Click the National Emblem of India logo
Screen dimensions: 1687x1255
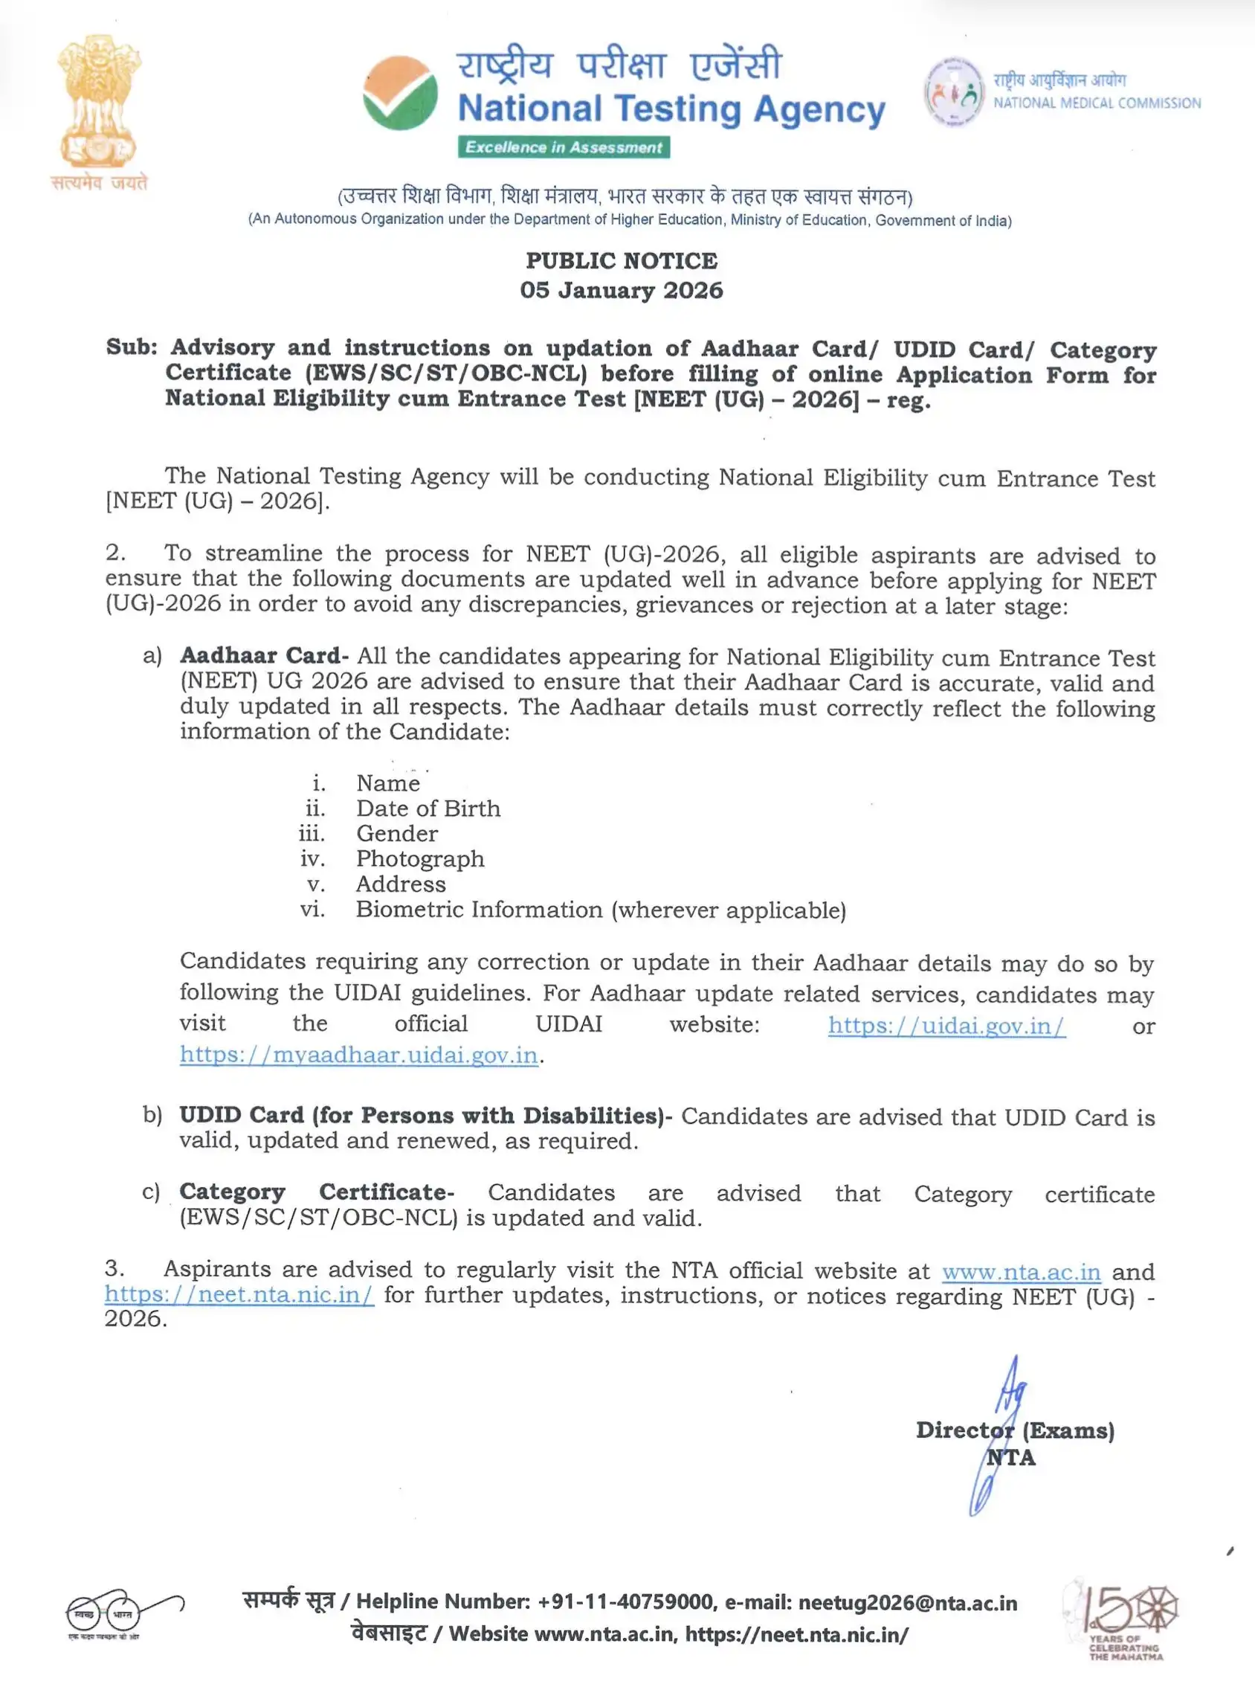tap(100, 102)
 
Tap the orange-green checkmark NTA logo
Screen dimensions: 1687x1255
tap(400, 93)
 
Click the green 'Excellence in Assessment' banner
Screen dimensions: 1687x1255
tap(563, 147)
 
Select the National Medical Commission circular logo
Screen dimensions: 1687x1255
tap(953, 91)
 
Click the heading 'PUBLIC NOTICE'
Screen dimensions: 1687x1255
tap(622, 260)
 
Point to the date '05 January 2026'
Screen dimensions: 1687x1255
tap(622, 290)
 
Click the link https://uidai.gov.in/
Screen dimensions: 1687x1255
tap(946, 1025)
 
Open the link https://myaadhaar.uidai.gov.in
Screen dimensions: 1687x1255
tap(358, 1055)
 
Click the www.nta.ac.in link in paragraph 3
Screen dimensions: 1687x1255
tap(1021, 1271)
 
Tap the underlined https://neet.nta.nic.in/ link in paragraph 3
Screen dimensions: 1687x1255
tap(239, 1295)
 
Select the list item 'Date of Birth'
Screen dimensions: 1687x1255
tap(428, 809)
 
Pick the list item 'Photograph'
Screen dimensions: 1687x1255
tap(420, 858)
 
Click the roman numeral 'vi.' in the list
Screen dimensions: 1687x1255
tap(312, 910)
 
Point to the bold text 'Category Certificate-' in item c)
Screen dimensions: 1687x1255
tap(316, 1192)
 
